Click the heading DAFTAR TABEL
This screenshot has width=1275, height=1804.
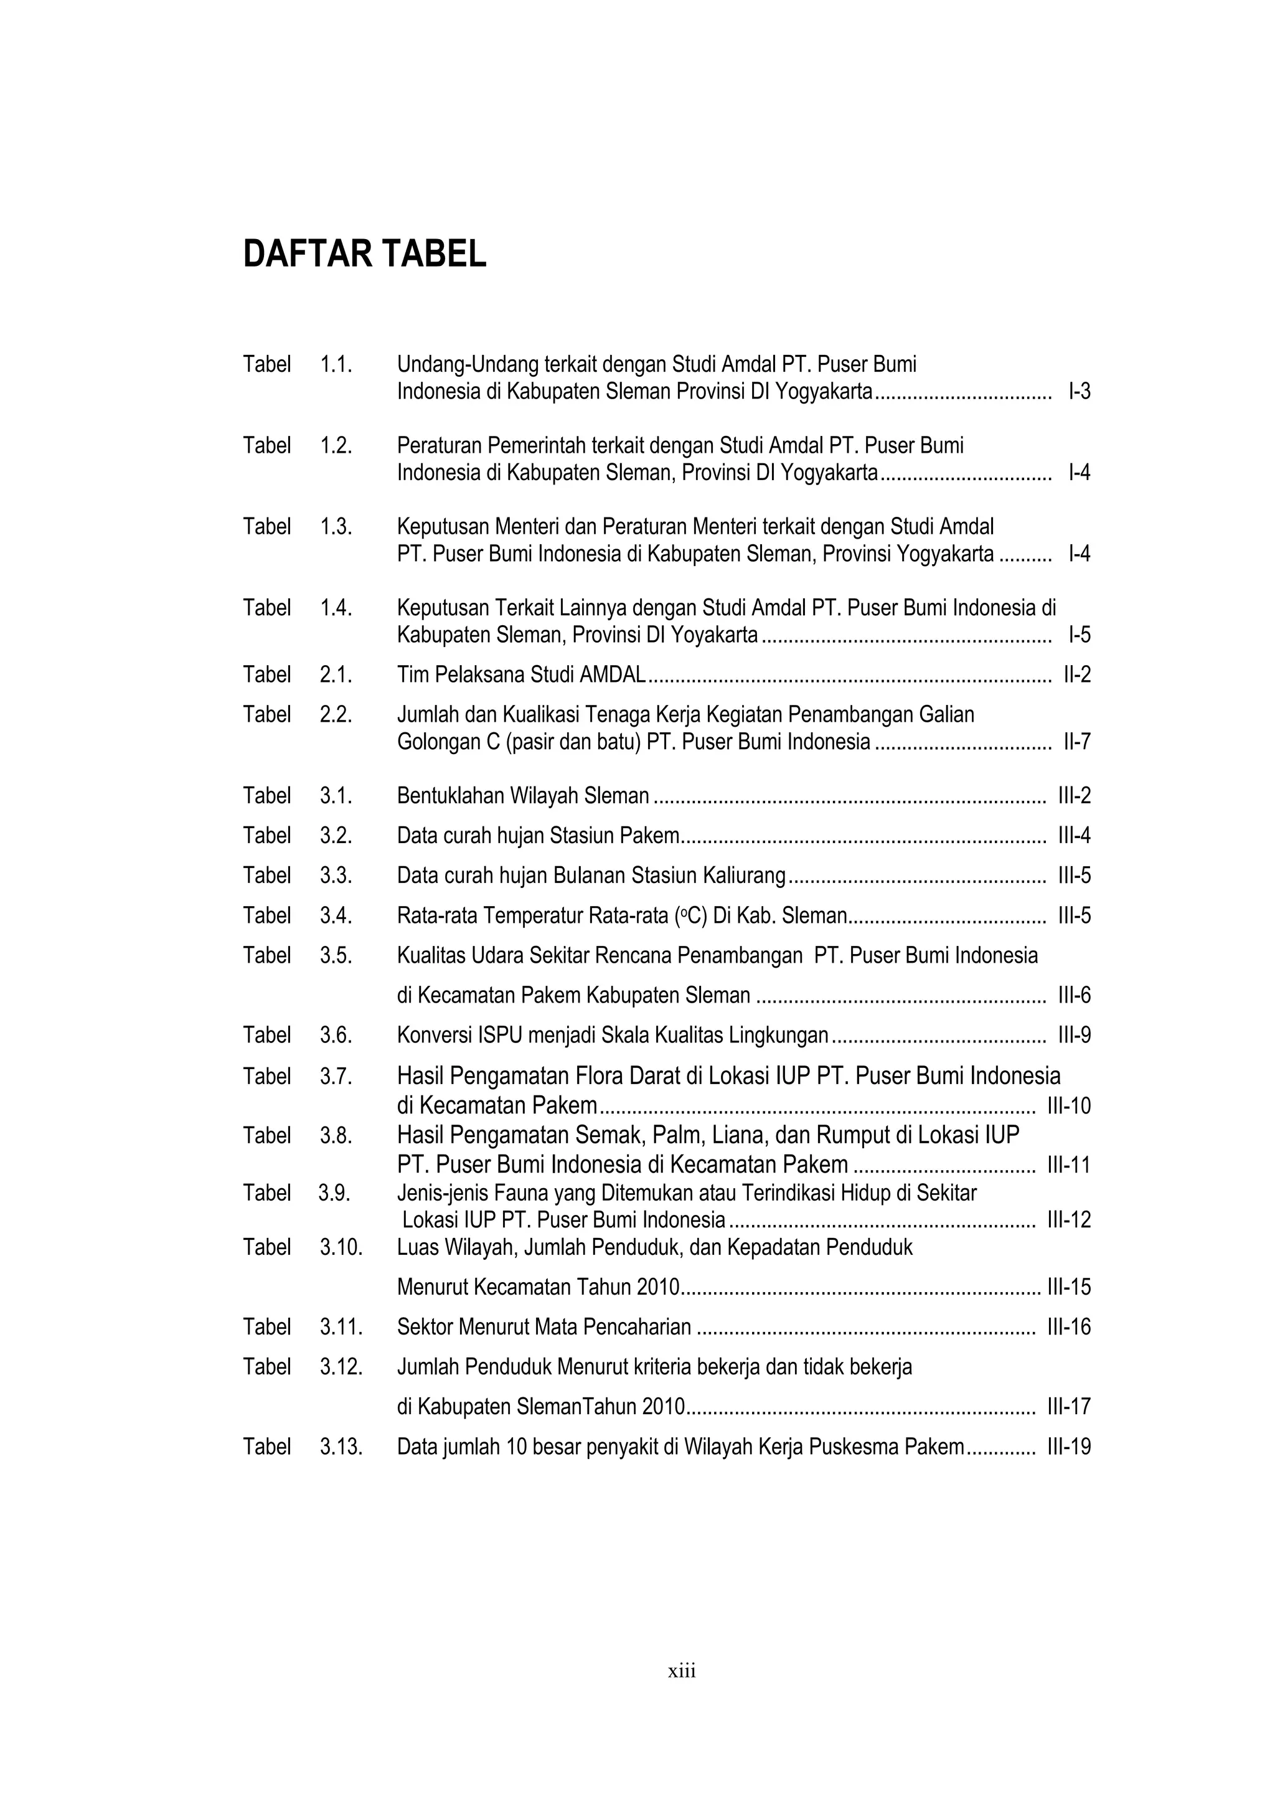point(365,255)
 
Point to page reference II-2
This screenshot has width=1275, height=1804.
point(1076,674)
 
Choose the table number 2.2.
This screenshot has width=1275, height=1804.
point(336,714)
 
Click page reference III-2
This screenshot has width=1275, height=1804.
point(1074,796)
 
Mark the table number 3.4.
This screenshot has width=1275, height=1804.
point(336,915)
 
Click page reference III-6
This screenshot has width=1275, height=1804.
point(1074,996)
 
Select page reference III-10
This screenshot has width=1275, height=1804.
point(1069,1107)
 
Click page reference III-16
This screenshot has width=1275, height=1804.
point(1069,1327)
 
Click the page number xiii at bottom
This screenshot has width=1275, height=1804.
point(682,1671)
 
